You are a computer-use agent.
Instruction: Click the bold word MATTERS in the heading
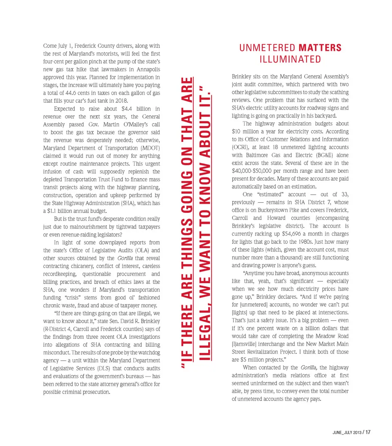click(x=320, y=48)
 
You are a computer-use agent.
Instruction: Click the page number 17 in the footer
click(x=367, y=432)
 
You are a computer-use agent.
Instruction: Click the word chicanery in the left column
click(x=62, y=266)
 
